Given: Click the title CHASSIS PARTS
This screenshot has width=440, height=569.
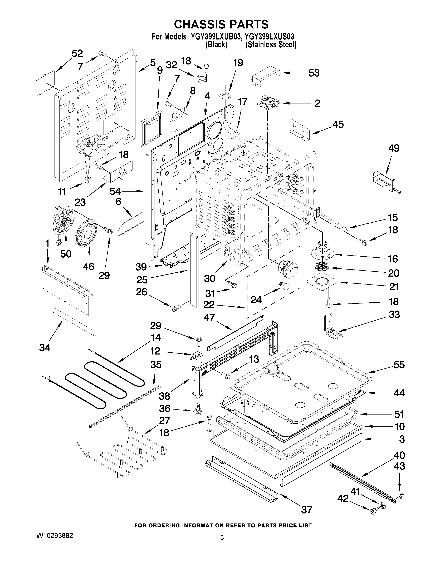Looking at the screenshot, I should click(221, 24).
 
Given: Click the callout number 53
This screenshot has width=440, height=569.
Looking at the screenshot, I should click(314, 73).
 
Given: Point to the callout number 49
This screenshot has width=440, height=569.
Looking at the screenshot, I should click(394, 148).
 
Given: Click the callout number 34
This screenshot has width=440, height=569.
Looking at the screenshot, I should click(45, 348).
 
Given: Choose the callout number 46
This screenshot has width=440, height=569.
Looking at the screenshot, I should click(88, 267).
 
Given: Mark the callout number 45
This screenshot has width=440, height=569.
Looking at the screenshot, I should click(338, 124).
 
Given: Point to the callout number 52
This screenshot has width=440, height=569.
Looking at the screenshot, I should click(77, 53).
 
